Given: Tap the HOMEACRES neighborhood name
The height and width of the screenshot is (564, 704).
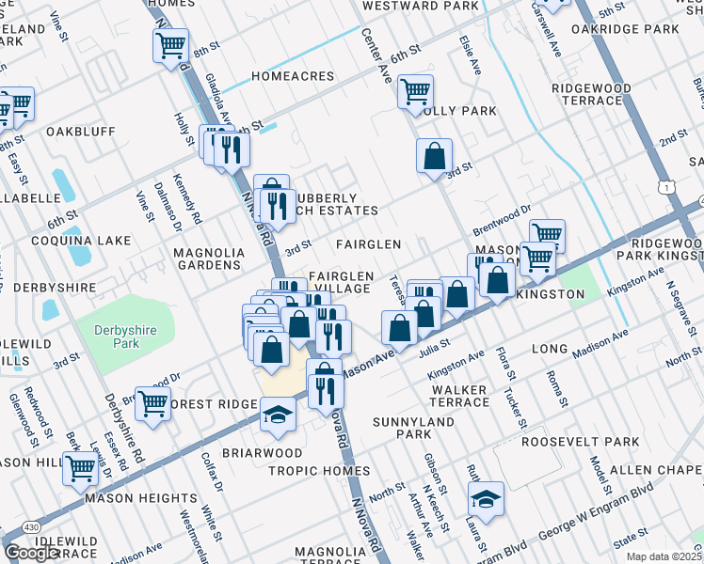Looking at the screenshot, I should [293, 76].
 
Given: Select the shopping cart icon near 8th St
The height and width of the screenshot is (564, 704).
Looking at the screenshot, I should [170, 44].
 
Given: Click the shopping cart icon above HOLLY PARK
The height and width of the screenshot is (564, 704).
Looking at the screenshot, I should [415, 91].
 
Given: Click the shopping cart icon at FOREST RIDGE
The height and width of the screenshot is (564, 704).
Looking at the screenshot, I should [152, 402].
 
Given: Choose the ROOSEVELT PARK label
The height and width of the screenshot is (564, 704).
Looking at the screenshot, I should [580, 441].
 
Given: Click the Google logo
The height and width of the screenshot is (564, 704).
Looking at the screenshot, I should [31, 553].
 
